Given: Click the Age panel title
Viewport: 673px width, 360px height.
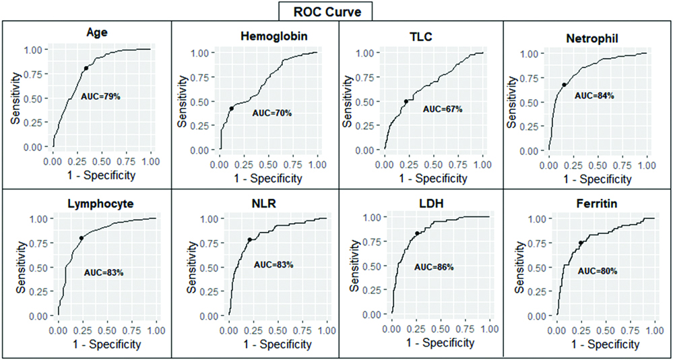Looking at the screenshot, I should tap(99, 32).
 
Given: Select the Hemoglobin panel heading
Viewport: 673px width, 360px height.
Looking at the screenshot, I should tap(269, 36).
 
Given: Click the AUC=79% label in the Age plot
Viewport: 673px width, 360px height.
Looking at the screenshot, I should tap(100, 97).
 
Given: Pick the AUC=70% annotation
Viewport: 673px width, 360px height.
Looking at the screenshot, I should tap(271, 113).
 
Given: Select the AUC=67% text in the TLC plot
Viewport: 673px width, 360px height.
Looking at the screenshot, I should tap(443, 109).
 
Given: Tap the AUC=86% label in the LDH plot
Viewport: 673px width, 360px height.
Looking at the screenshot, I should tap(434, 267).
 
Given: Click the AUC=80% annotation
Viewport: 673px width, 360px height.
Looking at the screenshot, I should tap(598, 271).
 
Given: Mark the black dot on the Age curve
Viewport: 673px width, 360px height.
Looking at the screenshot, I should tap(86, 68).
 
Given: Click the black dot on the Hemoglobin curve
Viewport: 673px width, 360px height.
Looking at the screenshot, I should tap(231, 109).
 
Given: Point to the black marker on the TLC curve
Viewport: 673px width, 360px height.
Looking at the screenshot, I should tap(406, 102).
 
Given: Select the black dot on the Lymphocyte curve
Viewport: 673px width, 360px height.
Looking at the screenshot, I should tap(82, 238).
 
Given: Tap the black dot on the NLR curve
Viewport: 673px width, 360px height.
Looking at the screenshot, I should tap(250, 240).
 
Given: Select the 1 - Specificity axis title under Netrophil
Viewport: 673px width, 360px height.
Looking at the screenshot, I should tap(598, 179).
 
